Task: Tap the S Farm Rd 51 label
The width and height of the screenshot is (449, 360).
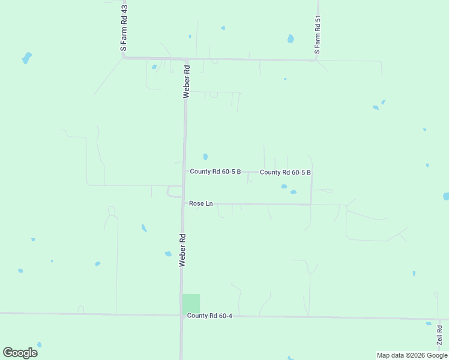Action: pyautogui.click(x=318, y=35)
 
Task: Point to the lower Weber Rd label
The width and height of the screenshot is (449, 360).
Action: pyautogui.click(x=182, y=250)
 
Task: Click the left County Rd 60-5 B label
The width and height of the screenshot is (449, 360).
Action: pyautogui.click(x=215, y=172)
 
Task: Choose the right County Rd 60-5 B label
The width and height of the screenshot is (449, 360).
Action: pyautogui.click(x=285, y=172)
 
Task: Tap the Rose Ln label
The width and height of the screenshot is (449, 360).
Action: pyautogui.click(x=200, y=203)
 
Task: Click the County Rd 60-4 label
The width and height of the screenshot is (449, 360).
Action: pyautogui.click(x=209, y=316)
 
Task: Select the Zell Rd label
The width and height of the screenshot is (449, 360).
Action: pyautogui.click(x=439, y=335)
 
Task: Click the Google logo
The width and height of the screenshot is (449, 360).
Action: pyautogui.click(x=20, y=352)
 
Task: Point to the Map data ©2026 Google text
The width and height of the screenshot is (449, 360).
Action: pyautogui.click(x=412, y=355)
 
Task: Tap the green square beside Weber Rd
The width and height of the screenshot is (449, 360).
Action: pyautogui.click(x=191, y=303)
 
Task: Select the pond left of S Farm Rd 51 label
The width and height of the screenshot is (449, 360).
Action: pyautogui.click(x=291, y=39)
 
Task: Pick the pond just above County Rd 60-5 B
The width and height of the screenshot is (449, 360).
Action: pyautogui.click(x=205, y=157)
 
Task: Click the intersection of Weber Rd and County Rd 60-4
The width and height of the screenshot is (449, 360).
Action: pyautogui.click(x=181, y=314)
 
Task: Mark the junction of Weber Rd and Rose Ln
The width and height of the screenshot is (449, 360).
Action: pyautogui.click(x=182, y=203)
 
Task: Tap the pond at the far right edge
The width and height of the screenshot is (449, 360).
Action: pyautogui.click(x=446, y=196)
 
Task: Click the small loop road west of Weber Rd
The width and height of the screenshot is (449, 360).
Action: pyautogui.click(x=174, y=191)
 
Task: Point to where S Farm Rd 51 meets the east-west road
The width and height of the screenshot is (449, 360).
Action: pyautogui.click(x=316, y=59)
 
